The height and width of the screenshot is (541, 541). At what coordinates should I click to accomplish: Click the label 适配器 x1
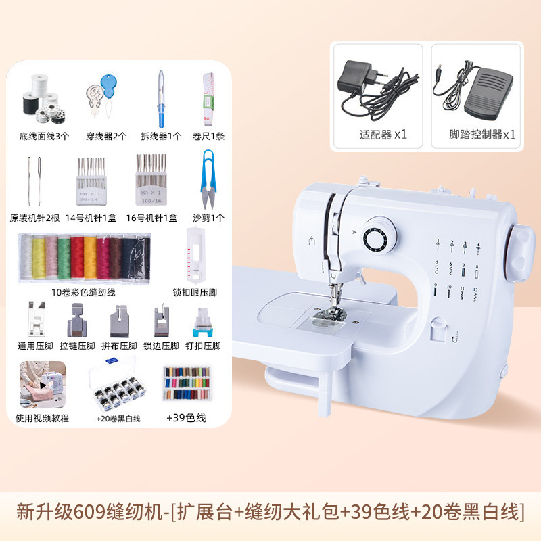click(383, 134)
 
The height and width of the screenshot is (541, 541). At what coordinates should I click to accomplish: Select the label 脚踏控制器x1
click(482, 134)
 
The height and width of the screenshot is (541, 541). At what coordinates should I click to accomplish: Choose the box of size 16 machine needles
click(151, 179)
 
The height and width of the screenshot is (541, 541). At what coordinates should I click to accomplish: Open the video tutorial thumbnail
click(42, 385)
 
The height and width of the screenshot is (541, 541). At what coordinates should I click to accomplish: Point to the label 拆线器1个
click(161, 135)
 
